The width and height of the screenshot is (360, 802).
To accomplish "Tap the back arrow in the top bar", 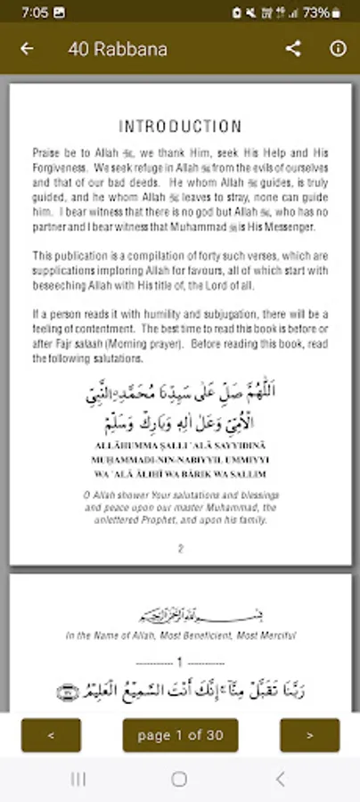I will coord(27,49).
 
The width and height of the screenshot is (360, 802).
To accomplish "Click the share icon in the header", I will coord(293,49).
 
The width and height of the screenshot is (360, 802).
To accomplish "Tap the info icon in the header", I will coord(338,49).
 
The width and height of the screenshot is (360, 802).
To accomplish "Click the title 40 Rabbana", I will coord(117,49).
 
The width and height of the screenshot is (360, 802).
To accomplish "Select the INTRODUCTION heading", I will coord(180,127).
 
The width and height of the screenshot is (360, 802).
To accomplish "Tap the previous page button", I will coord(51,735).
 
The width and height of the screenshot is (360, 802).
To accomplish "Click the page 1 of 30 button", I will coord(180,735).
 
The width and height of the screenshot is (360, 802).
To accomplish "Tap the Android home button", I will coord(179,780).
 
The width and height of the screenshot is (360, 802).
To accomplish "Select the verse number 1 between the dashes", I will coord(179,663).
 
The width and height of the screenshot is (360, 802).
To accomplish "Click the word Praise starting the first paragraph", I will coord(45,153).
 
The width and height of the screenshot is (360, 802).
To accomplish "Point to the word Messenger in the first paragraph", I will coord(300,227).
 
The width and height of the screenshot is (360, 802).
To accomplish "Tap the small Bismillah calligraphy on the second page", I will coord(180,616).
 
